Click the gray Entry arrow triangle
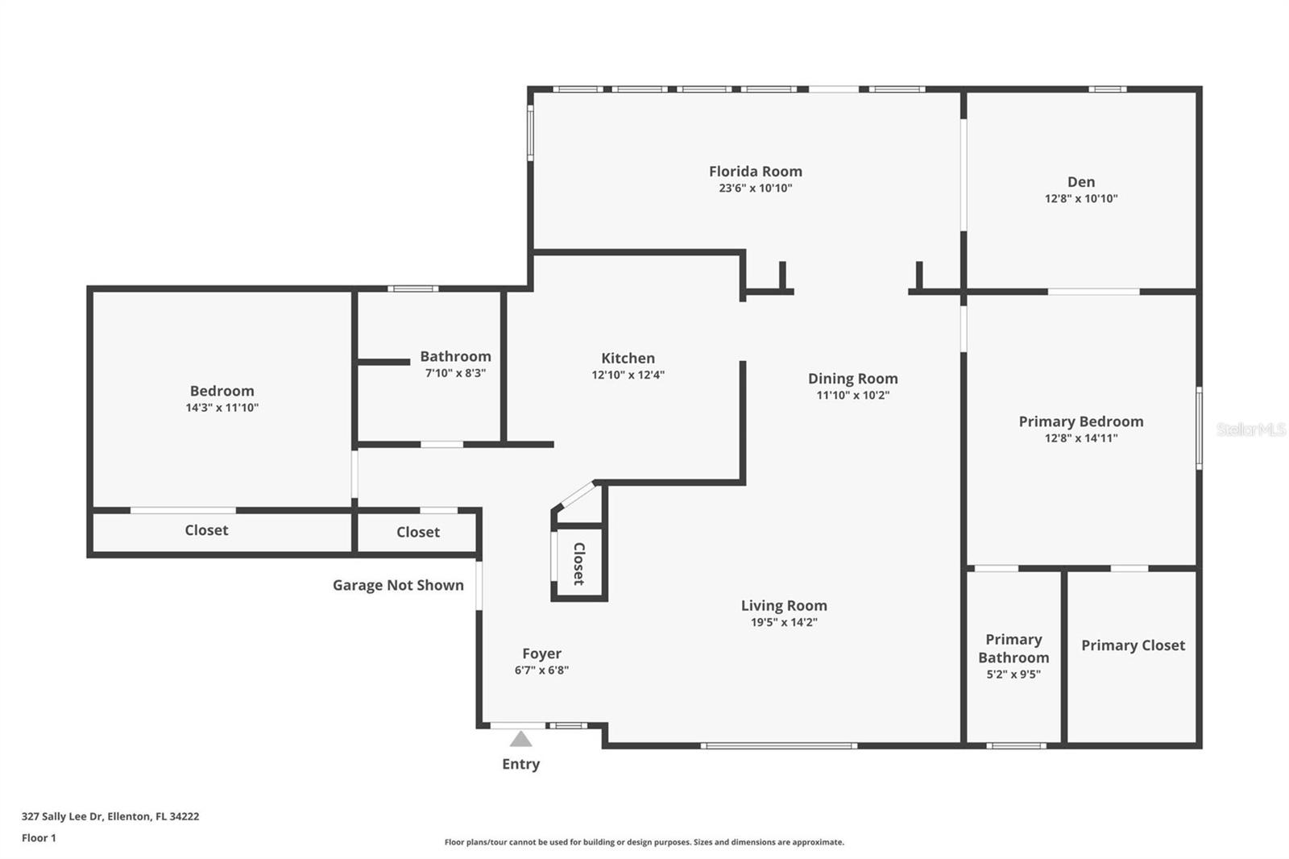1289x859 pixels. point(520,739)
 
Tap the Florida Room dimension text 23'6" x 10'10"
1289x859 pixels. point(756,188)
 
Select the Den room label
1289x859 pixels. point(1081,182)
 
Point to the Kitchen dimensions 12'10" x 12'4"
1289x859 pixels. point(628,375)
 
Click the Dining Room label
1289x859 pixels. point(853,379)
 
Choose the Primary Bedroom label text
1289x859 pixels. point(1081,421)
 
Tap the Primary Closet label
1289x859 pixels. point(1133,645)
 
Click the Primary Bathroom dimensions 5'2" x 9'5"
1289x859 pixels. point(1013,674)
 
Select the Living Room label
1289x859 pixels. point(784,606)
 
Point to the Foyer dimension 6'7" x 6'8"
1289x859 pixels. point(541,670)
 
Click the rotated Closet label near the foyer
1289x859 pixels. point(579,563)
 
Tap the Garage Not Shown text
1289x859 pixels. point(398,586)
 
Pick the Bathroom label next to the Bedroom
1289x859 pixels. point(455,356)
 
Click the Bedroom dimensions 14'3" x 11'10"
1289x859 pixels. point(222,408)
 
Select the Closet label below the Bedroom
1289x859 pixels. point(206,530)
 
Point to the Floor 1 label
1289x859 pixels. point(39,838)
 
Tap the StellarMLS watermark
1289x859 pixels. point(1250,429)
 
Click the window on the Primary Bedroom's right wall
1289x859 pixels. point(1200,429)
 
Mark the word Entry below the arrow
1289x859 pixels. point(520,765)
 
